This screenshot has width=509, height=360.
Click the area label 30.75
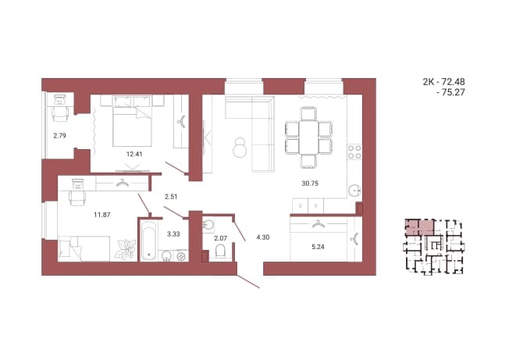pos(310,184)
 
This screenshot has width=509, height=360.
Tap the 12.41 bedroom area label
pos(134,154)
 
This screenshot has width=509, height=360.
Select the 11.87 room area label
pos(102,215)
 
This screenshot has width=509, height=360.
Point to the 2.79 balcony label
pos(60,136)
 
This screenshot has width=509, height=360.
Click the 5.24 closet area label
pos(318,247)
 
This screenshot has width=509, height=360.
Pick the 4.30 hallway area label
pos(262,237)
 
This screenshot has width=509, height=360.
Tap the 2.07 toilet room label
pos(220,238)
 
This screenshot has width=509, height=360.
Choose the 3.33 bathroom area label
pos(173,233)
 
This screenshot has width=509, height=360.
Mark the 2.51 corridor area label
pos(171,197)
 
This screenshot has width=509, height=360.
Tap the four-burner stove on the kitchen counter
pos(354,152)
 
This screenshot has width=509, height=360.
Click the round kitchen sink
pos(355,191)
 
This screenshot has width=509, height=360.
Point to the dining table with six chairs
pos(308,137)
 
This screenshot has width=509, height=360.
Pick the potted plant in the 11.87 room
pos(126,249)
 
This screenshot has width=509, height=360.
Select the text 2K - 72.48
pos(443,82)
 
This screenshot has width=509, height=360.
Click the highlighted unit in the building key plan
pos(419,227)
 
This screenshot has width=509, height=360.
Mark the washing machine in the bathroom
pos(181,256)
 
